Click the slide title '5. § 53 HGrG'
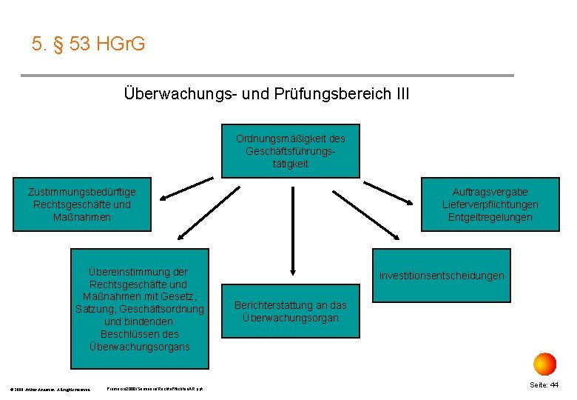click(89, 44)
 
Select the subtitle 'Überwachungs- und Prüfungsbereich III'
click(266, 94)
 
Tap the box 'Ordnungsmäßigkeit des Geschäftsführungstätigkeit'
click(291, 151)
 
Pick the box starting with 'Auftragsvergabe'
click(490, 204)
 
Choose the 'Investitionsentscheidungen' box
click(442, 276)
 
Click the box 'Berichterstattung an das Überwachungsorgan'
click(290, 312)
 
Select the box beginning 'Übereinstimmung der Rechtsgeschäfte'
click(140, 309)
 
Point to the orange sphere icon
click(544, 364)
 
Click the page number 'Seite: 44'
click(544, 385)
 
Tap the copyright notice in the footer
click(51, 389)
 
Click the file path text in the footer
click(155, 389)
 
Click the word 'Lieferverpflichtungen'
click(490, 204)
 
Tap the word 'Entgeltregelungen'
click(490, 217)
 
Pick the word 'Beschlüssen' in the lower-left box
click(140, 334)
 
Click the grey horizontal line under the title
click(266, 76)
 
